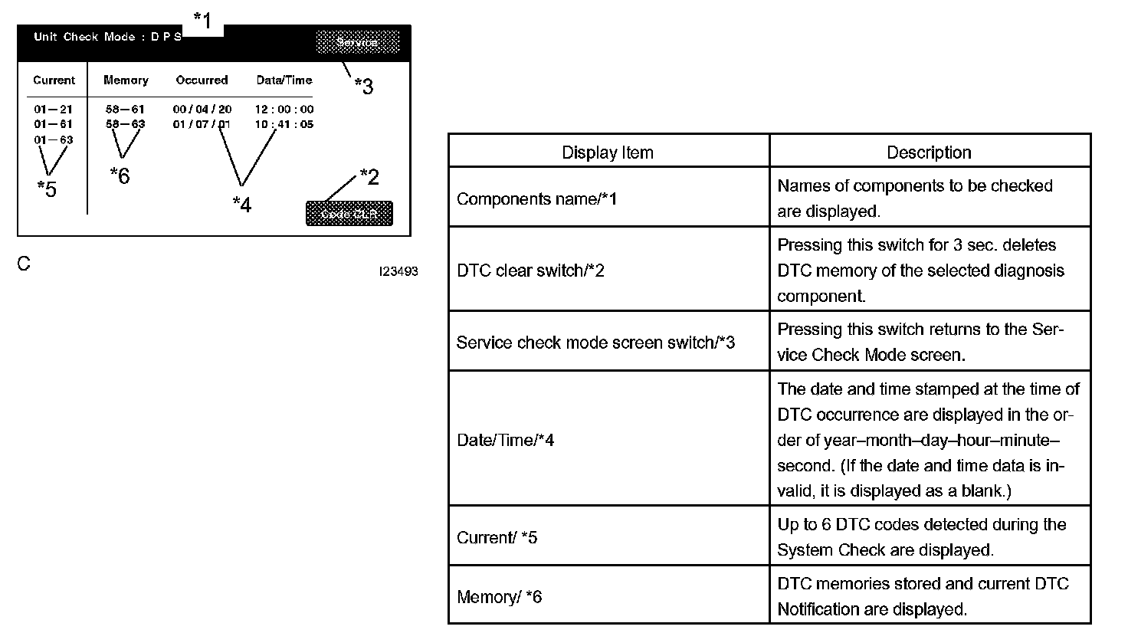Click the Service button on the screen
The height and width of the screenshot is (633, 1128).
357,43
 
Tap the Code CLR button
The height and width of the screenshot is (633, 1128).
349,214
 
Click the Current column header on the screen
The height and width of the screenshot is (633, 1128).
54,80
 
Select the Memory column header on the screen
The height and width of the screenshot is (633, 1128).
126,80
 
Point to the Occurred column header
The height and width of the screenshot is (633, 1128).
202,80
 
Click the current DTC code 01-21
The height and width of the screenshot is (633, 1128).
53,110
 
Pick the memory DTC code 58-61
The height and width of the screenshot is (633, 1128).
125,110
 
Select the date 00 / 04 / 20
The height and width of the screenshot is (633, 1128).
202,110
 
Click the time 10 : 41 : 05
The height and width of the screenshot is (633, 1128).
284,124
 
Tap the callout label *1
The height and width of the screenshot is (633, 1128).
202,21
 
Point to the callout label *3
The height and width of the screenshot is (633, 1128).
363,86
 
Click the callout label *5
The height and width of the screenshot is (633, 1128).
47,189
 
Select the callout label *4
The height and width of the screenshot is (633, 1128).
241,204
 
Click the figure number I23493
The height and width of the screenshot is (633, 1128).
398,271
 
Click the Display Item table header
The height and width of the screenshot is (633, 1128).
608,152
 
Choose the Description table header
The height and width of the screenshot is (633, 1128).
929,152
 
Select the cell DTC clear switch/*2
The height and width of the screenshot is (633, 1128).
530,271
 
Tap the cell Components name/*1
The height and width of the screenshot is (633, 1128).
536,199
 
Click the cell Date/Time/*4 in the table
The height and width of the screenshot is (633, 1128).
505,440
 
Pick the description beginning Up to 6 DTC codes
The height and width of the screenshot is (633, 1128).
921,537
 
